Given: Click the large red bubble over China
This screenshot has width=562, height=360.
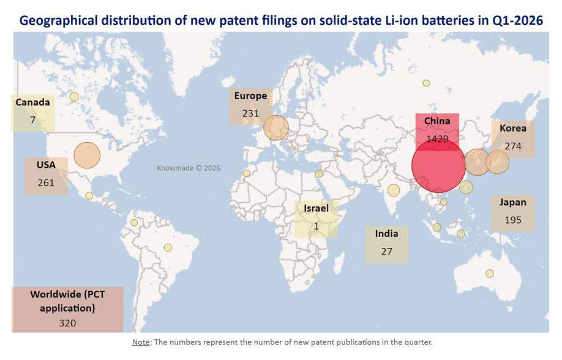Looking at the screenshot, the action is click(438, 166).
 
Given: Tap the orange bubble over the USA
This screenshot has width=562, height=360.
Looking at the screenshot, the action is click(87, 155).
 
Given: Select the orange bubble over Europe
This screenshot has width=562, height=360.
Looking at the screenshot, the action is click(276, 128).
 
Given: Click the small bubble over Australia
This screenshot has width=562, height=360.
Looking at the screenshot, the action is click(490, 273).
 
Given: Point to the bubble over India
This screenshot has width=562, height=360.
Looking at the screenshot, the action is click(393, 190).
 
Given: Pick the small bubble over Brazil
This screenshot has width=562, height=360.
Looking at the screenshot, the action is click(168, 247).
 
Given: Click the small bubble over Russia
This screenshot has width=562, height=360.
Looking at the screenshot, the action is click(426, 83).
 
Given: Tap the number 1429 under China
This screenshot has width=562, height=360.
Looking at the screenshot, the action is click(438, 139).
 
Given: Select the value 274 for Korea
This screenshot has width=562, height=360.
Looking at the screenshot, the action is click(513, 146).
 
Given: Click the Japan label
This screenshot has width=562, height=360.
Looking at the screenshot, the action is click(512, 202).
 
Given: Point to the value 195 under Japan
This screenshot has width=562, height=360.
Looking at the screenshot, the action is click(512, 220).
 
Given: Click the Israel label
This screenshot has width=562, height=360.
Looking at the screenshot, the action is click(316, 208).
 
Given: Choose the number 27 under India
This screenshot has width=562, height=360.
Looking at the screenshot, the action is click(386, 251).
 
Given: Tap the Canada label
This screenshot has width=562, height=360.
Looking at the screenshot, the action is click(32, 102).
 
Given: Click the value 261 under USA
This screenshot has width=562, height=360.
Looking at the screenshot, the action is click(46, 182).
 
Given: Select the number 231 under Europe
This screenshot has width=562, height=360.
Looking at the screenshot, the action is click(250, 113).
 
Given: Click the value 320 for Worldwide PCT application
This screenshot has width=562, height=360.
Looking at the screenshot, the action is click(67, 323).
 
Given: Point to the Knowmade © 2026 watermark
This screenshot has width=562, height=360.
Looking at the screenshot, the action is click(189, 168).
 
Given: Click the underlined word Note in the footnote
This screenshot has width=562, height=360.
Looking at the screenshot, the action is click(141, 342).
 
